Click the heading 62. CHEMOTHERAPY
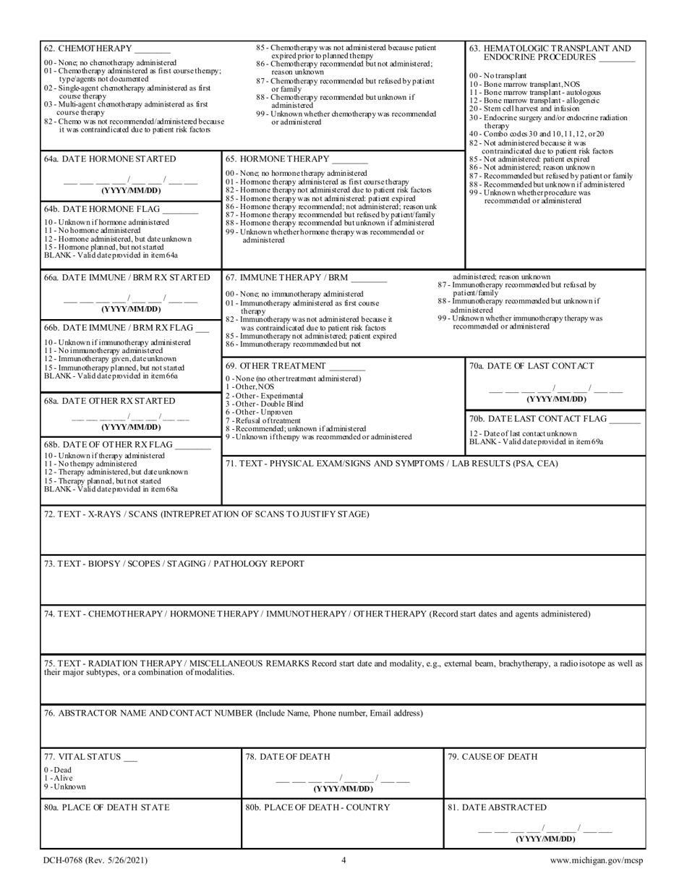click(x=88, y=49)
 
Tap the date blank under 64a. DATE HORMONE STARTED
click(x=130, y=181)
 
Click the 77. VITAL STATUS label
click(x=82, y=757)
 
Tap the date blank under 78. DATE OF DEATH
click(x=343, y=781)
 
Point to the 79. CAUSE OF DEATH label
click(x=492, y=757)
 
